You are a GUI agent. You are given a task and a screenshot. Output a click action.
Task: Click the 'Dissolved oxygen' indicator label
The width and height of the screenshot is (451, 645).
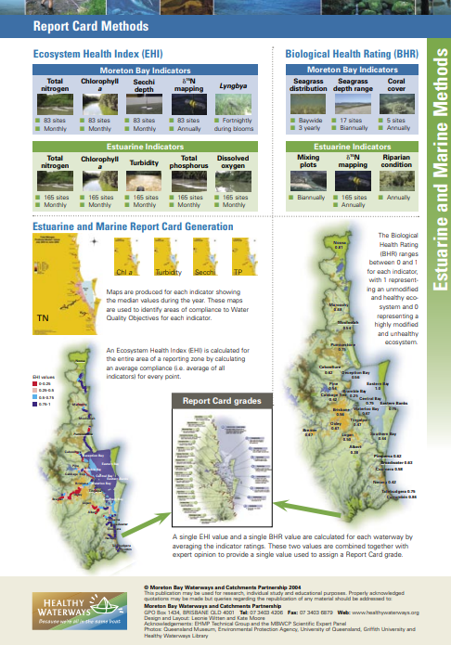[233, 161]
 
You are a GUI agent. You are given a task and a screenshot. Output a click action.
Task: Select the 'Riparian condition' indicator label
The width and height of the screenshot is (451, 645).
[397, 161]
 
